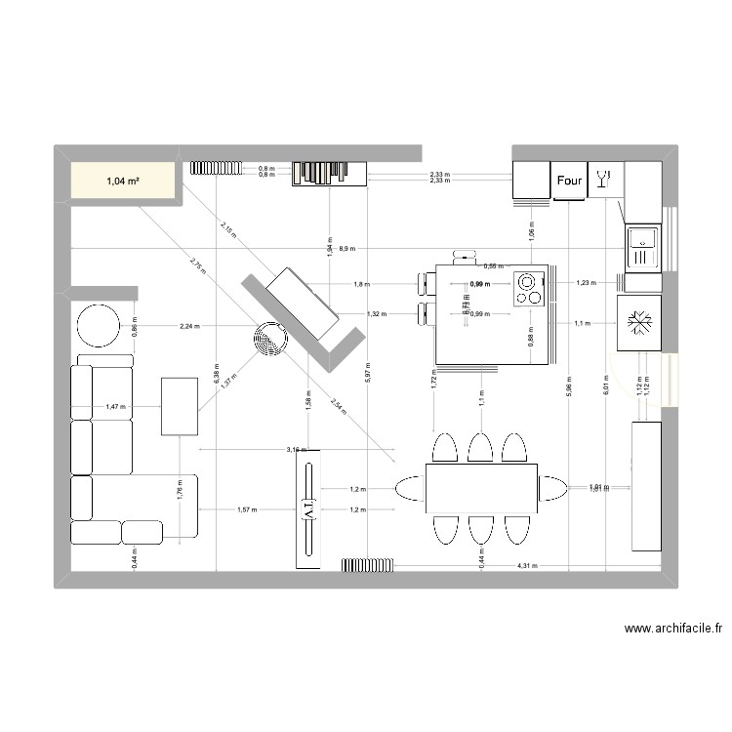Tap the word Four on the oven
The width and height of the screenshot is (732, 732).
tap(569, 180)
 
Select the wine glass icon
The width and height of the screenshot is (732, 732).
tap(604, 179)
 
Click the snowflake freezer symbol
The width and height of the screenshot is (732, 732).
tap(639, 322)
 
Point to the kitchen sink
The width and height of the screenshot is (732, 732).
tap(642, 245)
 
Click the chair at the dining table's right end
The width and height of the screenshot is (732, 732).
tap(552, 487)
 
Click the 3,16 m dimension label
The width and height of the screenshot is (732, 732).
tap(296, 450)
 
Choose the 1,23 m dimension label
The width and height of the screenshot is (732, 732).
tap(585, 283)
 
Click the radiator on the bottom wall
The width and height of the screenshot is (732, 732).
tap(367, 564)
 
